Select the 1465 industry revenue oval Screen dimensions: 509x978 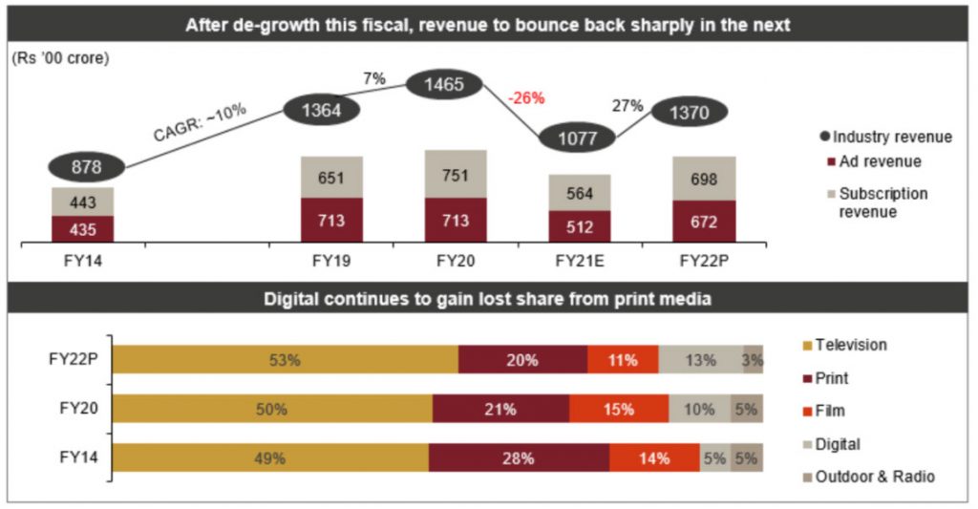[x=445, y=85]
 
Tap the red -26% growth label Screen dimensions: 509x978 [x=525, y=98]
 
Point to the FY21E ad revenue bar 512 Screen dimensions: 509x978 [x=579, y=226]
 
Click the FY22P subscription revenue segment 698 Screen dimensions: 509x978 [x=705, y=179]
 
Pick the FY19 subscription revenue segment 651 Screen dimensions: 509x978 [x=331, y=178]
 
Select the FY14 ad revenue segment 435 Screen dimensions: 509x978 [x=83, y=229]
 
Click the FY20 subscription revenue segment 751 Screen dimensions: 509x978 [x=456, y=174]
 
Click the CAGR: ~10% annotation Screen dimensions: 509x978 [x=200, y=122]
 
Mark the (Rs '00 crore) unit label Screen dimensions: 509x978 [x=61, y=58]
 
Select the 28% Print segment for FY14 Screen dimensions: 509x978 [x=519, y=457]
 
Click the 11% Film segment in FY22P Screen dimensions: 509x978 [x=623, y=360]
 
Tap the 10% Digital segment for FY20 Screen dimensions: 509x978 [x=698, y=409]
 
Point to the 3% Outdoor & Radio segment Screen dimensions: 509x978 [x=753, y=360]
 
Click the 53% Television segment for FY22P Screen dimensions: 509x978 [x=286, y=360]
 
